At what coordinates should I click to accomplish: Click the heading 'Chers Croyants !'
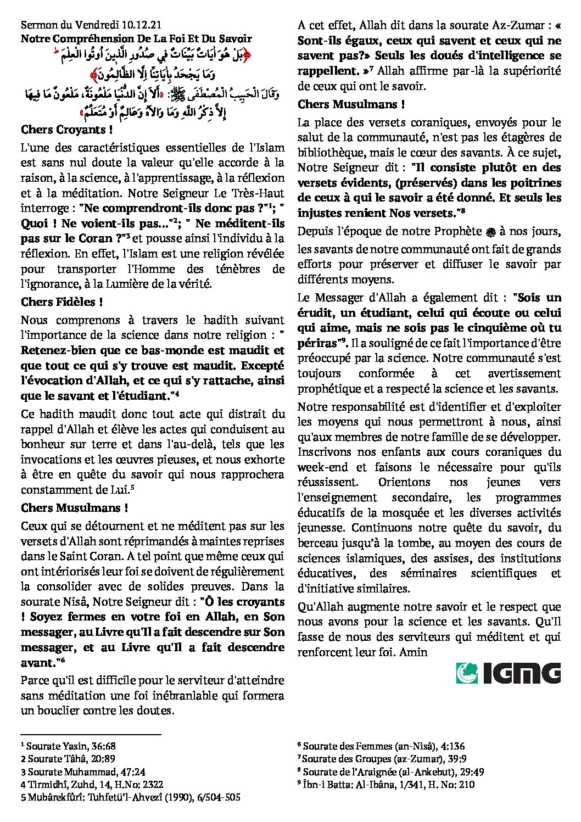pos(66,130)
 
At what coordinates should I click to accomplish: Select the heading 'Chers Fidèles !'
pos(62,302)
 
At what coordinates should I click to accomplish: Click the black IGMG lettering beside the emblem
pos(522,673)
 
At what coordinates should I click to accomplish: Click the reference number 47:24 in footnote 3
pos(132,771)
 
